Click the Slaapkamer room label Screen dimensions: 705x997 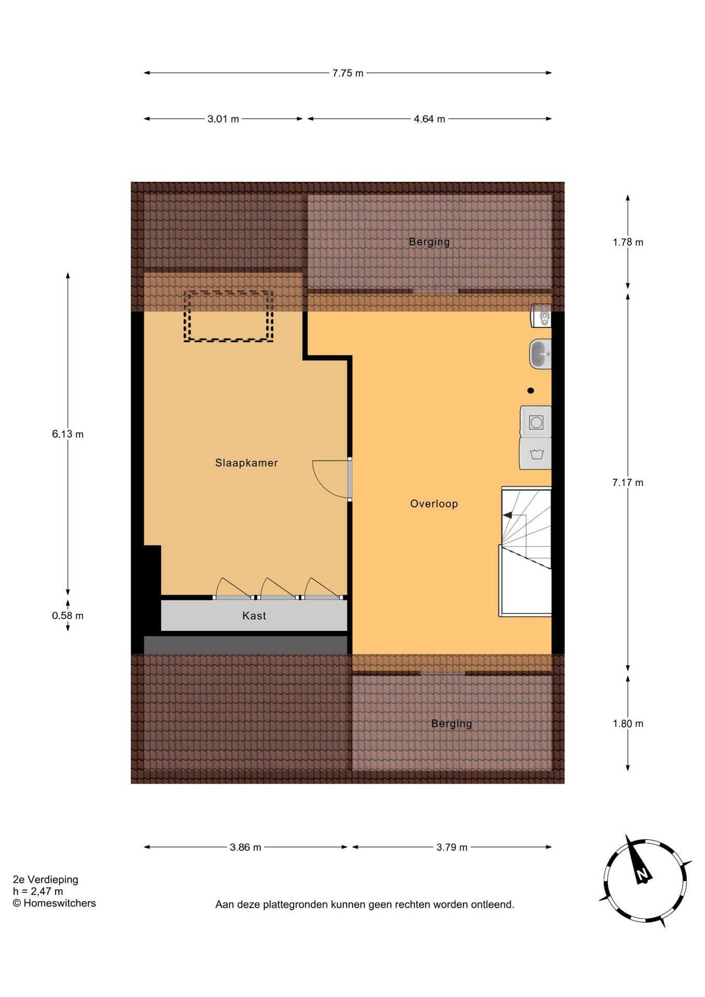click(x=247, y=463)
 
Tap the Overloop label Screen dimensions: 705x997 click(x=434, y=504)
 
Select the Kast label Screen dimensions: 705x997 click(x=254, y=616)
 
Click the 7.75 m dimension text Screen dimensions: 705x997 click(x=348, y=73)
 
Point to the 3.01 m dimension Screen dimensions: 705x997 click(x=223, y=119)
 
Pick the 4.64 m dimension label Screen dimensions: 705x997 click(x=429, y=119)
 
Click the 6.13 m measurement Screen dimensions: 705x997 click(x=67, y=434)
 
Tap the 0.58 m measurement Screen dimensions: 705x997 click(x=67, y=616)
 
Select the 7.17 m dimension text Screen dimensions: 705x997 click(x=628, y=482)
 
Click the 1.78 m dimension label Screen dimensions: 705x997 click(x=628, y=242)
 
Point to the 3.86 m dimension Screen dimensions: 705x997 click(x=246, y=847)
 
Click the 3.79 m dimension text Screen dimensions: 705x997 click(x=452, y=847)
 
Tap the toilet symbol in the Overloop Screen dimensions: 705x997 click(x=541, y=316)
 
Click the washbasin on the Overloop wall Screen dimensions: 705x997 click(x=540, y=354)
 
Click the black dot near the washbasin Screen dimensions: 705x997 click(x=531, y=390)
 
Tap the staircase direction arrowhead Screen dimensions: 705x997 click(x=507, y=515)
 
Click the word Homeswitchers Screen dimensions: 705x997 click(x=60, y=904)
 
